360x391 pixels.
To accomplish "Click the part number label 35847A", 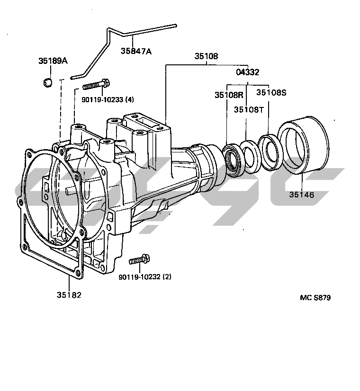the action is pos(136,51).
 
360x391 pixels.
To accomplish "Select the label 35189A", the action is pos(53,61).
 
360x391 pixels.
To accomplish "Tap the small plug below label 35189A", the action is pos(47,82).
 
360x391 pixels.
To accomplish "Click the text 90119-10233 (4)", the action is pos(108,100).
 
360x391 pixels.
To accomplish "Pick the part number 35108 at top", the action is pos(207,56).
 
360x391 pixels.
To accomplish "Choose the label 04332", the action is pos(248,72).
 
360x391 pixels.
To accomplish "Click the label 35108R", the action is pos(229,95).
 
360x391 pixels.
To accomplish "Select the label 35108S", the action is pos(271,92).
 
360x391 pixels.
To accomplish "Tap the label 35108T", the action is pos(249,109).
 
